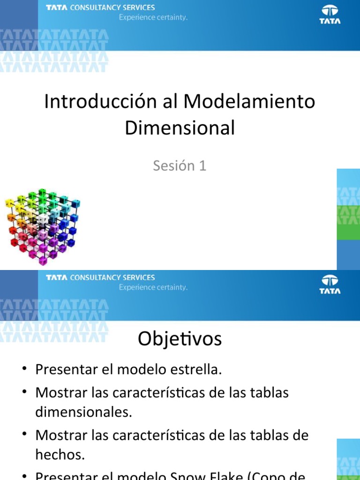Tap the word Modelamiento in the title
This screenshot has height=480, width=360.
(249, 102)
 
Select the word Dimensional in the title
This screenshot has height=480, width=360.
(180, 127)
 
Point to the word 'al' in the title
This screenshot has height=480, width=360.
(170, 102)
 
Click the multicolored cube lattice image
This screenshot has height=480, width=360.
(42, 224)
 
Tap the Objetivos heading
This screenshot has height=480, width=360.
(180, 339)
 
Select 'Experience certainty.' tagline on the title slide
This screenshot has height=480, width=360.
(153, 17)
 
